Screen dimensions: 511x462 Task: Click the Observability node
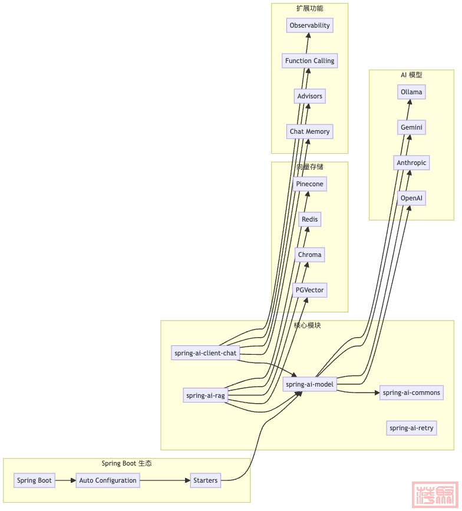pyautogui.click(x=309, y=25)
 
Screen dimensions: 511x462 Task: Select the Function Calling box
pyautogui.click(x=309, y=61)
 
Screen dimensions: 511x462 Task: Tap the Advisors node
pyautogui.click(x=309, y=96)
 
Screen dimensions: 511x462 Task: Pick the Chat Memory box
pyautogui.click(x=309, y=131)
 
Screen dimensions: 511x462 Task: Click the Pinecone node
pyautogui.click(x=309, y=184)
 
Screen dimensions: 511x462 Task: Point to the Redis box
pyautogui.click(x=309, y=219)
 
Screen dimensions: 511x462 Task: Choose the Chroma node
pyautogui.click(x=309, y=255)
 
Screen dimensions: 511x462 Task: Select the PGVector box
pyautogui.click(x=309, y=290)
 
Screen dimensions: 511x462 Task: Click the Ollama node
pyautogui.click(x=411, y=92)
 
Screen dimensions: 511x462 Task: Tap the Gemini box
pyautogui.click(x=411, y=127)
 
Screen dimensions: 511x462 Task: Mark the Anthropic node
pyautogui.click(x=411, y=163)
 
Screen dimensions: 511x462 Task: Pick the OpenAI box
pyautogui.click(x=411, y=198)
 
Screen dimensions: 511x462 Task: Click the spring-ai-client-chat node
pyautogui.click(x=205, y=353)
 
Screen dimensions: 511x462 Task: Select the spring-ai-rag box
pyautogui.click(x=205, y=395)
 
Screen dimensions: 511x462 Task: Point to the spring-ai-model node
pyautogui.click(x=309, y=384)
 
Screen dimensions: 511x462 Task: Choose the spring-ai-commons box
pyautogui.click(x=411, y=393)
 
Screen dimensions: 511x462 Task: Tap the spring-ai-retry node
pyautogui.click(x=411, y=428)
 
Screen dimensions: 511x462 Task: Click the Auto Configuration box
pyautogui.click(x=108, y=480)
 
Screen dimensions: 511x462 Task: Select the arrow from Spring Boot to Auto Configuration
pyautogui.click(x=65, y=480)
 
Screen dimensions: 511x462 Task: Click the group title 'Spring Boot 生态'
pyautogui.click(x=126, y=463)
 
